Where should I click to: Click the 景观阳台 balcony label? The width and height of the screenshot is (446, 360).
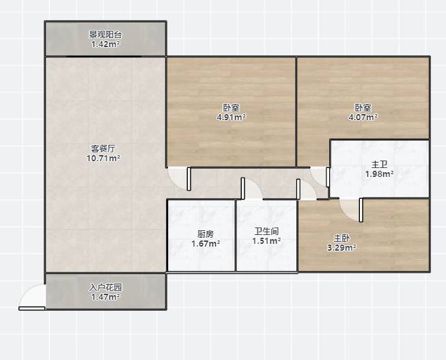tap(106, 35)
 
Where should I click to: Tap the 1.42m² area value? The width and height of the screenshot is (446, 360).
tap(105, 44)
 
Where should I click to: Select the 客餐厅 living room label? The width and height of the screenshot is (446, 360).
tap(103, 148)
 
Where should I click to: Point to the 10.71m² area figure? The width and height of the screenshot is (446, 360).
tap(103, 158)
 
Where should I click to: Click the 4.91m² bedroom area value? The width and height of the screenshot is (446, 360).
tap(232, 117)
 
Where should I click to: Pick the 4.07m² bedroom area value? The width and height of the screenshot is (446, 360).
tap(363, 117)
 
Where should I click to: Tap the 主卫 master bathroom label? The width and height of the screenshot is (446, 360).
tap(380, 164)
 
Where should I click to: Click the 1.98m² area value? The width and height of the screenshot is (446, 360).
tap(380, 174)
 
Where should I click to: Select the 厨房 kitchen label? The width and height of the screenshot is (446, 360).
tap(206, 234)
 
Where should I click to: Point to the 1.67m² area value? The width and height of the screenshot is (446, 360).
tap(206, 244)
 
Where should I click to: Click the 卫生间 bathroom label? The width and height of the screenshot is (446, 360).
tap(266, 231)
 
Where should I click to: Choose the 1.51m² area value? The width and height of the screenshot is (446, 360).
tap(266, 240)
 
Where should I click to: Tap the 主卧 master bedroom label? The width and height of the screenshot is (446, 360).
tap(342, 238)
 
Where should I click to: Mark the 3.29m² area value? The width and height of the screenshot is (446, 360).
tap(342, 247)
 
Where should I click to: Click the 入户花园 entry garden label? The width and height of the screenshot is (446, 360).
tap(106, 288)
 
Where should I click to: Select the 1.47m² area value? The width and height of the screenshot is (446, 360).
tap(105, 297)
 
